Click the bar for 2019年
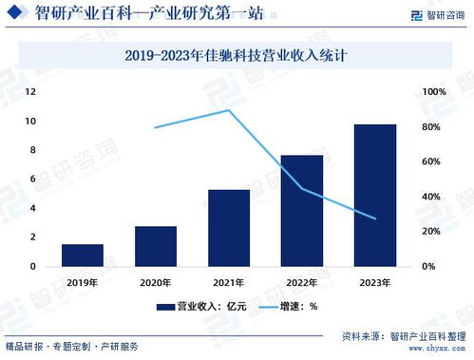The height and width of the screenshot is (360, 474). (83, 255)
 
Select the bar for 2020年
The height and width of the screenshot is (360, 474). (156, 246)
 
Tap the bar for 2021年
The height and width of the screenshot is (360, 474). (229, 227)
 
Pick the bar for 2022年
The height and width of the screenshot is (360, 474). (302, 210)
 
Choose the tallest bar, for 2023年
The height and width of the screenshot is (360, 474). (375, 195)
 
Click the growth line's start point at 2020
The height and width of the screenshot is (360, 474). (156, 127)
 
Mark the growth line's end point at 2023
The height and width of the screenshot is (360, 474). (375, 218)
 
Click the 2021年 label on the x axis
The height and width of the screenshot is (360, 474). (229, 282)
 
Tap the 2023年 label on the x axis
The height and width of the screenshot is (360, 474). (375, 282)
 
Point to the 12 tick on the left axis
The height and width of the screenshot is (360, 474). (30, 92)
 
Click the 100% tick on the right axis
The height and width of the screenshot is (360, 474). (434, 92)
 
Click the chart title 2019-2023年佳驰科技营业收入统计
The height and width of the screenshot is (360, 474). (236, 56)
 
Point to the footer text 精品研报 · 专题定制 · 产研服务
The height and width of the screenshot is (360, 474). (71, 345)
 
